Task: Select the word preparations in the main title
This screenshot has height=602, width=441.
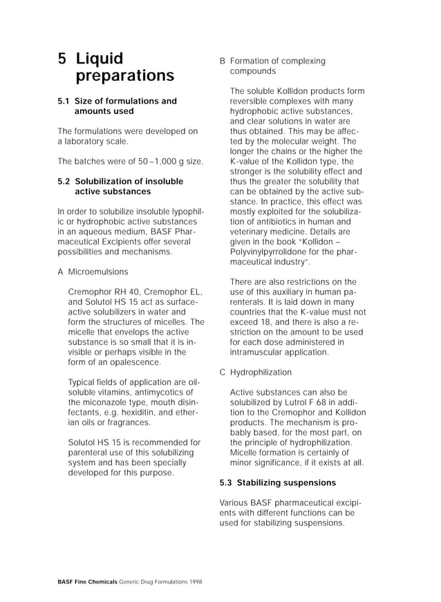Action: [124, 75]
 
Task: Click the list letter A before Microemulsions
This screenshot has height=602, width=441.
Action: [61, 272]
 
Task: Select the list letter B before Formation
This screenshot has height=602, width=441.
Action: [223, 61]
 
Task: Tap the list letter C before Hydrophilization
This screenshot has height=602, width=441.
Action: [223, 372]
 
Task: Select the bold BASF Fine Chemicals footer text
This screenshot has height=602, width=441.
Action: [88, 582]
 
